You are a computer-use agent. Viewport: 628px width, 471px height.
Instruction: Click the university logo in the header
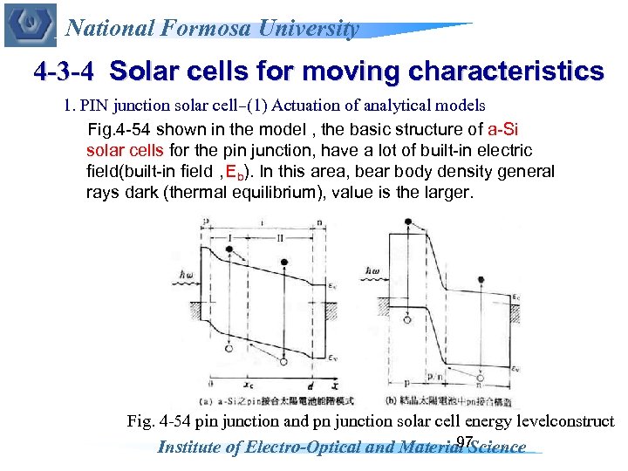tap(30, 25)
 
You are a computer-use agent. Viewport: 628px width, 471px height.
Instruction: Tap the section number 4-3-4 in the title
tap(66, 71)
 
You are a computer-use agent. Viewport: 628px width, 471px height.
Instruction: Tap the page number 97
tap(464, 442)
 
